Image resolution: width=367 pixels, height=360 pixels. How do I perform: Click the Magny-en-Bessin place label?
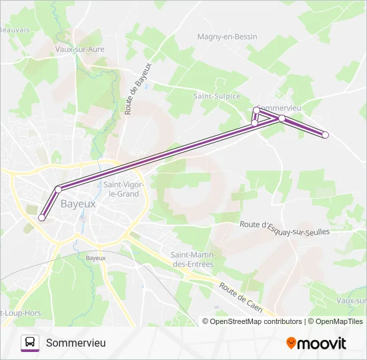(x=227, y=37)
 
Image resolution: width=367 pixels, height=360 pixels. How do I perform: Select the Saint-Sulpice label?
(x=216, y=96)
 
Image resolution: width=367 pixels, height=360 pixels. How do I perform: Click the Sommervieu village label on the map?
(x=281, y=108)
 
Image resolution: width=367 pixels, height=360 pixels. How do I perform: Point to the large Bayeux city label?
(x=78, y=203)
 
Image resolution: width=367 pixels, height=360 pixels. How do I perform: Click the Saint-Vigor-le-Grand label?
(x=121, y=189)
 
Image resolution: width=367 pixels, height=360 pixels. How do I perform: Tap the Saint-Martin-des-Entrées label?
(x=192, y=259)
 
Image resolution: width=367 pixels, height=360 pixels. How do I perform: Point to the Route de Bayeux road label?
(x=138, y=88)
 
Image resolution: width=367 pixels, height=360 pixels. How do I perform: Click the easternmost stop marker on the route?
(x=326, y=135)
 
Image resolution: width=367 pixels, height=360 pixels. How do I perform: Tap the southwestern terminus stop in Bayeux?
(x=42, y=217)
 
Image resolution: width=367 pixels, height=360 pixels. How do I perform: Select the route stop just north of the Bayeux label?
(x=58, y=189)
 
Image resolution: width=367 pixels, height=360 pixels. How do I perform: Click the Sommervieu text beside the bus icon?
(x=76, y=343)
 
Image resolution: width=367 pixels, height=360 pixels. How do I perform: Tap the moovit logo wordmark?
(x=322, y=343)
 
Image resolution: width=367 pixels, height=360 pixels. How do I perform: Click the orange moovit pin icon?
(x=291, y=343)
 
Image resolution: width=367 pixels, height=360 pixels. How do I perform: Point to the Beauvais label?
(x=15, y=30)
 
